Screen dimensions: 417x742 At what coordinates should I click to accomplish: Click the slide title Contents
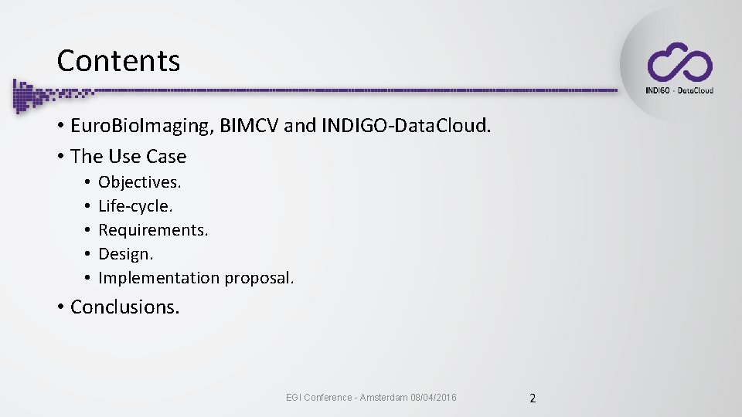[118, 61]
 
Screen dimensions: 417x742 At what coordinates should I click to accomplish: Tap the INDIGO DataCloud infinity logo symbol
[679, 63]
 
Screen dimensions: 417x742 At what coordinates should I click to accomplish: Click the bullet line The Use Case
[128, 156]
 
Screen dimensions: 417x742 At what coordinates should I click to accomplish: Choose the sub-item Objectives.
[140, 183]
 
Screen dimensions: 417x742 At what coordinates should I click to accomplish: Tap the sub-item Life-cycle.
[135, 206]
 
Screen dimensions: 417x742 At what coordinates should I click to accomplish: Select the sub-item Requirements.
[153, 230]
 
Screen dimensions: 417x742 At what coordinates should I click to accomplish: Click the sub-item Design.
[126, 253]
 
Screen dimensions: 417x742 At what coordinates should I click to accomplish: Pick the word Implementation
[158, 277]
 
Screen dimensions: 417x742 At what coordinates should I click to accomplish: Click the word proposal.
[260, 278]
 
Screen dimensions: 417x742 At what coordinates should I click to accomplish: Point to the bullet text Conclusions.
[124, 307]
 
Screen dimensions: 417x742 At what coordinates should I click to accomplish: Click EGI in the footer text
[293, 398]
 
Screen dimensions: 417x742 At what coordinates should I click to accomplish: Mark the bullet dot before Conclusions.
[60, 307]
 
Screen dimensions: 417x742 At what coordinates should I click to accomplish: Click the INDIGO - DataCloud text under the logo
[679, 90]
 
